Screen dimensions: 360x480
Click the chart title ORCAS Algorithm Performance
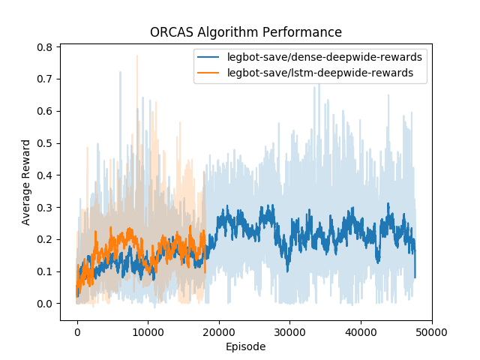coord(245,32)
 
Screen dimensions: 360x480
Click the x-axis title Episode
coord(245,347)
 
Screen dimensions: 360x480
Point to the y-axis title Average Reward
coord(26,181)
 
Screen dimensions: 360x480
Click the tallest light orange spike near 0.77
coord(136,57)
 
